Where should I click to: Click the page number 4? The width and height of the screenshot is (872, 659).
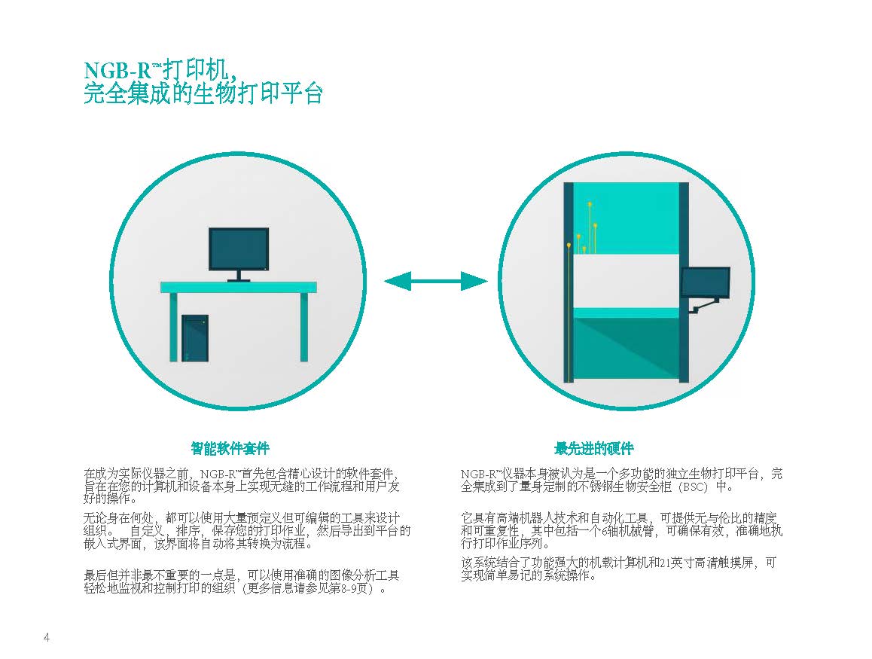click(47, 637)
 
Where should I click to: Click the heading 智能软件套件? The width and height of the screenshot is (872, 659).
click(230, 448)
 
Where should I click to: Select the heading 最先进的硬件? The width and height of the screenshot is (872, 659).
click(594, 448)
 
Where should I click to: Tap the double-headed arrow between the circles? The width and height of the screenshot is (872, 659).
click(436, 282)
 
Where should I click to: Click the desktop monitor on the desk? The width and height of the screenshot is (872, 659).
click(239, 250)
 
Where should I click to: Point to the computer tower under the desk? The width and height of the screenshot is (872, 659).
click(194, 338)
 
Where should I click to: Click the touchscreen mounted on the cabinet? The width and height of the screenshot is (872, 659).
click(706, 282)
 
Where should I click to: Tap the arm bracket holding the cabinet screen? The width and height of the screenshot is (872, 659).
click(704, 305)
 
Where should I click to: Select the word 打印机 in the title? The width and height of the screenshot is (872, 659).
click(196, 71)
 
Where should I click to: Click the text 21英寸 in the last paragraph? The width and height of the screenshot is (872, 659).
click(675, 563)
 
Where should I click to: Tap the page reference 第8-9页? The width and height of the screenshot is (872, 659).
click(350, 588)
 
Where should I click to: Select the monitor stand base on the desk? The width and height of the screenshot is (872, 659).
click(239, 280)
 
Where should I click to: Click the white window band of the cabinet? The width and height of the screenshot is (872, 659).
click(626, 280)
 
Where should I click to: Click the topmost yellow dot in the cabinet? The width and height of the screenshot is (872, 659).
click(590, 205)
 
